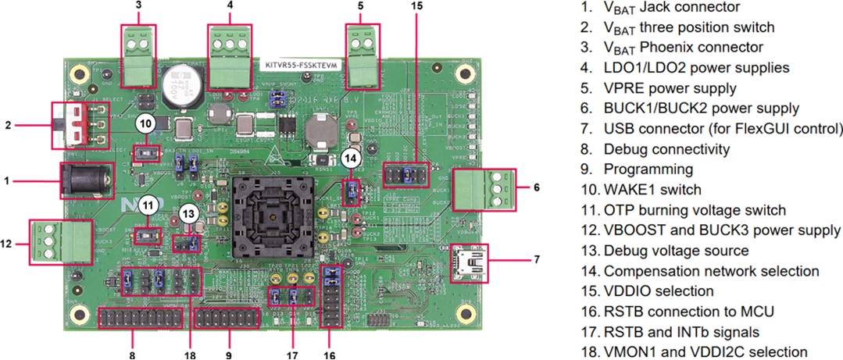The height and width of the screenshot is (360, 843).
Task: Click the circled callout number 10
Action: [145, 123]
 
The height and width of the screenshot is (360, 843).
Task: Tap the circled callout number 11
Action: [147, 206]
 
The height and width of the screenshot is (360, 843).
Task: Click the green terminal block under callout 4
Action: [230, 52]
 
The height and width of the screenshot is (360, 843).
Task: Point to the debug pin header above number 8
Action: [139, 319]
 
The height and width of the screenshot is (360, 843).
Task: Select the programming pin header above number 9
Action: [226, 319]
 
